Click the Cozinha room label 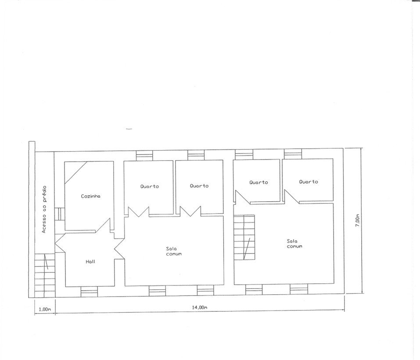tap(91, 196)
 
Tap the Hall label tap(90, 262)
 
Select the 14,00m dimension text tap(200, 307)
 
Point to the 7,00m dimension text tap(358, 220)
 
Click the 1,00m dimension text tap(45, 310)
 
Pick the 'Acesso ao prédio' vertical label tap(44, 209)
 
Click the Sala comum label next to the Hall tap(173, 251)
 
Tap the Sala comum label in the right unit tap(294, 243)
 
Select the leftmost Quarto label tap(150, 186)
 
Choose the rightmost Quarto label tap(309, 182)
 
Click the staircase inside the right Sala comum tap(244, 237)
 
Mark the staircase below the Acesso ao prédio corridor tap(45, 276)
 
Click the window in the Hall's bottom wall tap(89, 292)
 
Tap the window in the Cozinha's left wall tap(60, 214)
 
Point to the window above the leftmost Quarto tap(144, 156)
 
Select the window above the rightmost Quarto tap(293, 154)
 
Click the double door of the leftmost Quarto tap(139, 211)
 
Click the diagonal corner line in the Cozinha tap(76, 173)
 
